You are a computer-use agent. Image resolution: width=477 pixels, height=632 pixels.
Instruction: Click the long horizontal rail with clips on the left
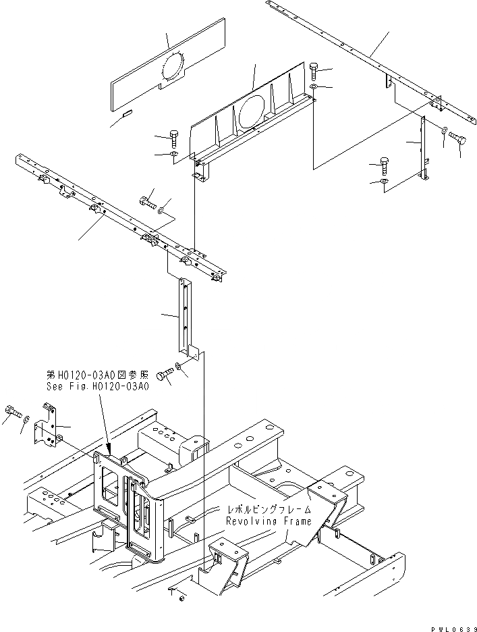tap(121, 216)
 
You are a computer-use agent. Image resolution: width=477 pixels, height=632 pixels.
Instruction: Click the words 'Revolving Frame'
tap(269, 521)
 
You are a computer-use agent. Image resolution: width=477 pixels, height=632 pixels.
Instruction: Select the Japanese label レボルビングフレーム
tap(269, 511)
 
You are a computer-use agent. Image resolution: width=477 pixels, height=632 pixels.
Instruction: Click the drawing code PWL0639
tap(452, 626)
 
